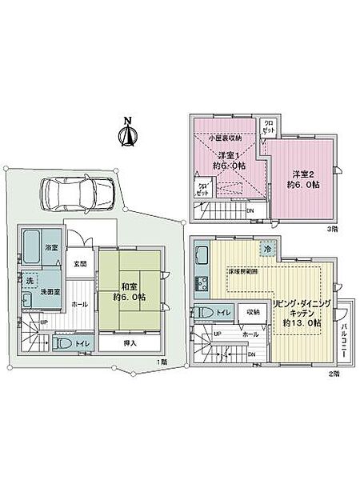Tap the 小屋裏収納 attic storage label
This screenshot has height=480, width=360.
[x=225, y=138]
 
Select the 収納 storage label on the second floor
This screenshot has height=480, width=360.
[x=253, y=312]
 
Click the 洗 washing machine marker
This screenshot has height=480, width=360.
[x=30, y=281]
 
